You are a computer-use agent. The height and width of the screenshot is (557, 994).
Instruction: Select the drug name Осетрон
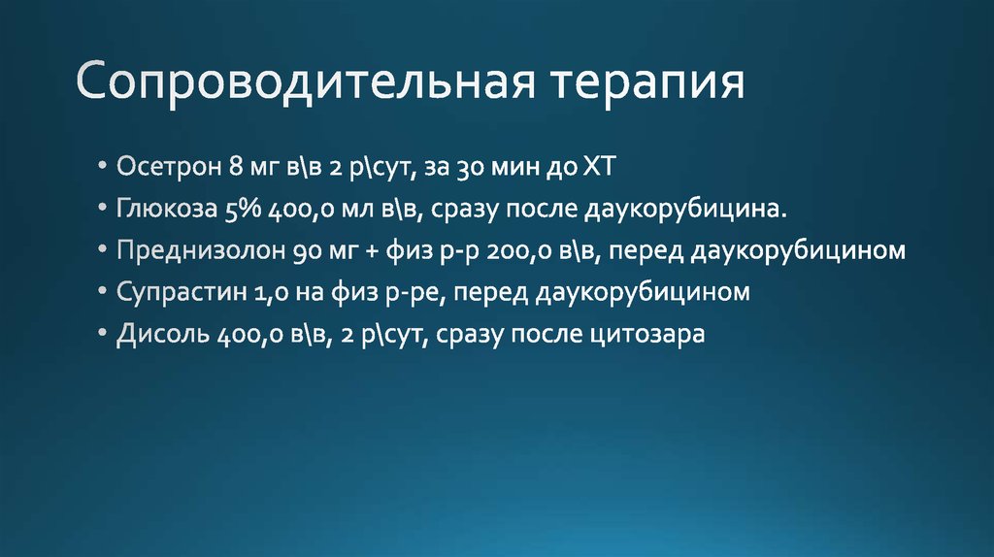pyautogui.click(x=170, y=167)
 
